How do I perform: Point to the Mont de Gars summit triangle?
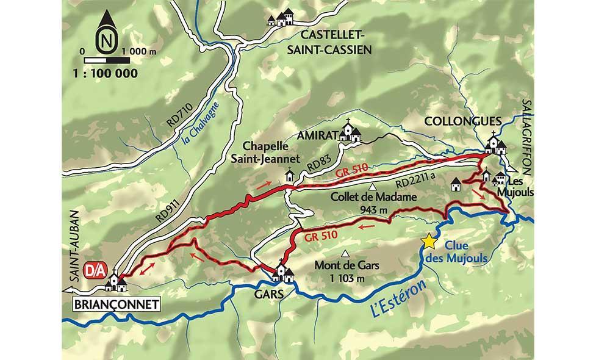coord(346,254)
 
